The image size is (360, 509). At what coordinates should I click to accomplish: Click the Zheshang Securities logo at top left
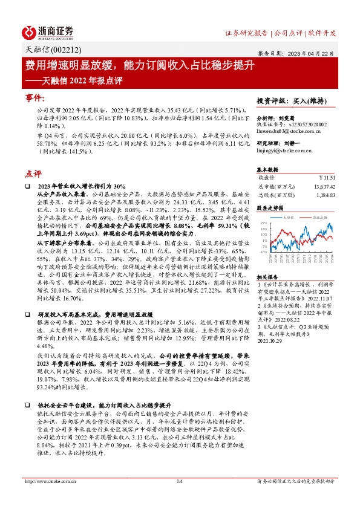click(x=48, y=32)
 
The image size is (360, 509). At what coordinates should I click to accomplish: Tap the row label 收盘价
click(x=267, y=178)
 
